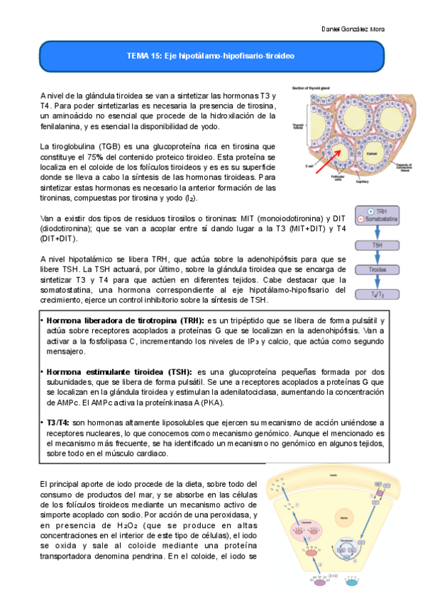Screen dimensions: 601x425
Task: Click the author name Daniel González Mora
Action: pyautogui.click(x=354, y=29)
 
